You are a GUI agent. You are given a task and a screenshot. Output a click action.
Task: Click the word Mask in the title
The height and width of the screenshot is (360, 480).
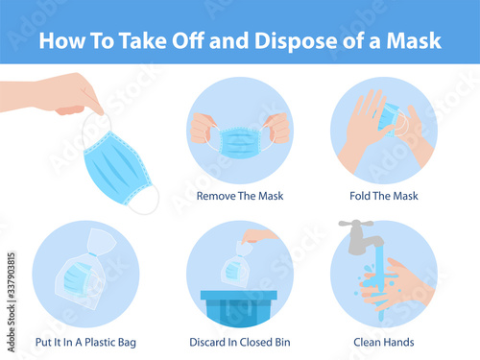pyautogui.click(x=414, y=40)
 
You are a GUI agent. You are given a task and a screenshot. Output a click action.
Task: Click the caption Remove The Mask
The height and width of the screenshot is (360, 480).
pyautogui.click(x=240, y=196)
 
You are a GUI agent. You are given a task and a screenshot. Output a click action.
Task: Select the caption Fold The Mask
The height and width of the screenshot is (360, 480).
pyautogui.click(x=384, y=196)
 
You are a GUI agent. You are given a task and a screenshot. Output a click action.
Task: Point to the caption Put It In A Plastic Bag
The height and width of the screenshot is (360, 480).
pyautogui.click(x=85, y=343)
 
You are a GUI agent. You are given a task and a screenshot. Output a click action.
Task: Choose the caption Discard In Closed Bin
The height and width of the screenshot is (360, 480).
pyautogui.click(x=240, y=342)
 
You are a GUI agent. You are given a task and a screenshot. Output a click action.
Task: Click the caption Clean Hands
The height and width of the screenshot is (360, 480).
pyautogui.click(x=384, y=342)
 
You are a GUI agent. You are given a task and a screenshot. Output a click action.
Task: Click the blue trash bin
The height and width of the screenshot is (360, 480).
pyautogui.click(x=239, y=308)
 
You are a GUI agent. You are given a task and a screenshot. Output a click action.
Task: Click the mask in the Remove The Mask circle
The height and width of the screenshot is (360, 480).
pyautogui.click(x=240, y=142)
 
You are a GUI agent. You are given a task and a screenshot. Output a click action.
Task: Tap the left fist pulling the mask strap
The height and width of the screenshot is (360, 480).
pyautogui.click(x=202, y=128)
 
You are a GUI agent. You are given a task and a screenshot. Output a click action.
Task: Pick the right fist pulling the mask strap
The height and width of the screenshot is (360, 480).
pyautogui.click(x=277, y=128)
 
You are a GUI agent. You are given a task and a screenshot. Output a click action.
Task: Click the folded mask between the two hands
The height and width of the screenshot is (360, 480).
pyautogui.click(x=389, y=119)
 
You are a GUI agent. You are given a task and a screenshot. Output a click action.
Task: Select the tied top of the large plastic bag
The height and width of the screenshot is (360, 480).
pyautogui.click(x=101, y=241)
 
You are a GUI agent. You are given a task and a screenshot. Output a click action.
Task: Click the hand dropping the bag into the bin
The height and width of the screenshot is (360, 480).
pyautogui.click(x=257, y=236)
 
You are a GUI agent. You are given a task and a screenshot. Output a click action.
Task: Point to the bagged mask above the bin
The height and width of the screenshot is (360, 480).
pyautogui.click(x=236, y=265)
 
